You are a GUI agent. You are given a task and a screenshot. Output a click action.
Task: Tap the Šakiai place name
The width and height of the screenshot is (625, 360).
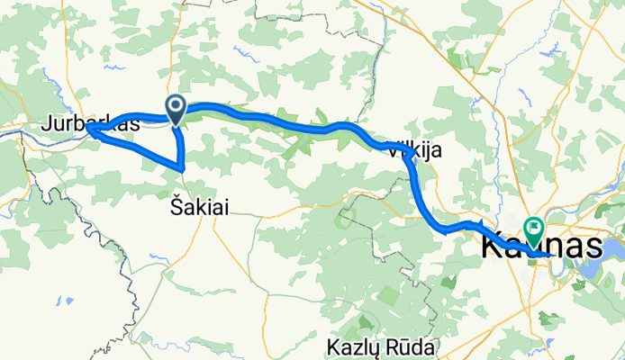coord(199,207)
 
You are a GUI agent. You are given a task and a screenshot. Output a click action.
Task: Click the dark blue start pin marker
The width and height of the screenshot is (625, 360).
coord(176,110)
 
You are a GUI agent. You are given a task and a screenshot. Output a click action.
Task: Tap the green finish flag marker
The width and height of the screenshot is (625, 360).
coord(534,229)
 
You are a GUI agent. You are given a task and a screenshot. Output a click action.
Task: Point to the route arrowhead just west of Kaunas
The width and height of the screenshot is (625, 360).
coord(479,224)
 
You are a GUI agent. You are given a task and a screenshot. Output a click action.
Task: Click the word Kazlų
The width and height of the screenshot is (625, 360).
coord(355,346)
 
